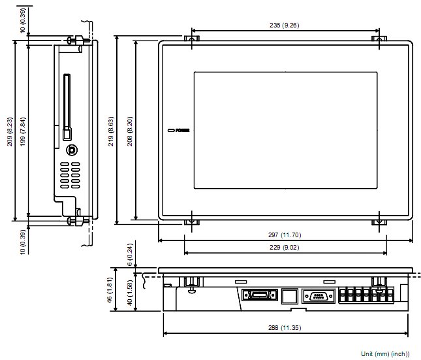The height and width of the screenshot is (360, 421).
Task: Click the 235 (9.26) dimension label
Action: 285,25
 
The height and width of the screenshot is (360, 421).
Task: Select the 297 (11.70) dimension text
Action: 285,235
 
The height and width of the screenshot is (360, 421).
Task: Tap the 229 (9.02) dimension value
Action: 285,247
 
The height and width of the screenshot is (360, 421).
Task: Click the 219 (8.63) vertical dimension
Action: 112,129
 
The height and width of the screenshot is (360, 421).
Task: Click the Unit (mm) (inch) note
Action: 381,353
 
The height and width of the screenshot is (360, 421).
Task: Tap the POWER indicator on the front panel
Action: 178,131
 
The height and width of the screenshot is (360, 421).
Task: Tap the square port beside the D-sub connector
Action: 289,297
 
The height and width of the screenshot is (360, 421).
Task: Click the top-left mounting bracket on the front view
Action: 192,39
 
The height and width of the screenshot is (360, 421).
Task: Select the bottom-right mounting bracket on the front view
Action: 379,221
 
